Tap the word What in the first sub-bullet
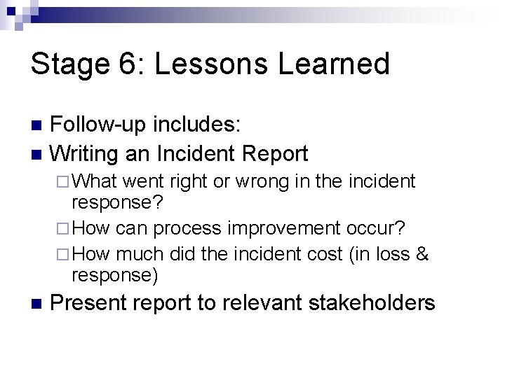(97, 183)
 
